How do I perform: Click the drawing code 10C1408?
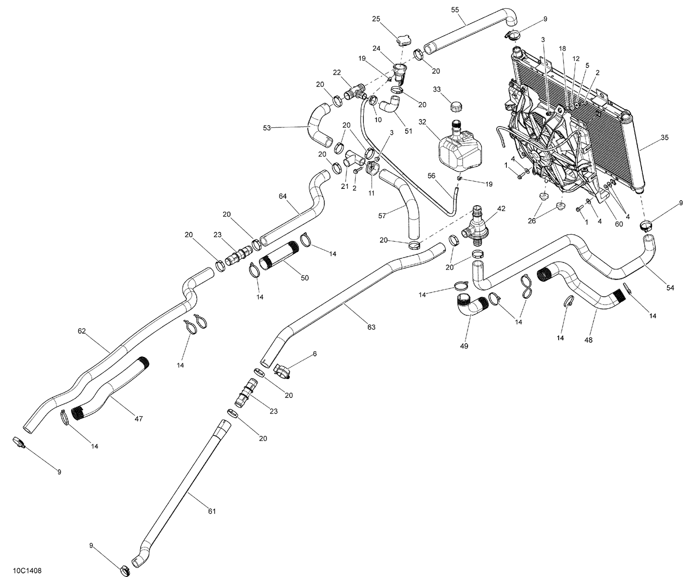click(x=25, y=570)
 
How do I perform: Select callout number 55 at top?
click(x=455, y=9)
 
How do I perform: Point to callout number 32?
click(x=423, y=122)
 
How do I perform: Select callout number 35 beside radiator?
click(x=665, y=137)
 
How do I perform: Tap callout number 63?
click(x=372, y=327)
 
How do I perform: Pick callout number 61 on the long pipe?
click(x=211, y=511)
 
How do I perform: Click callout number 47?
click(x=138, y=419)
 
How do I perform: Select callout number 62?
click(x=82, y=331)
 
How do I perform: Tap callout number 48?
click(x=588, y=339)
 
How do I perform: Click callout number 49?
click(x=464, y=346)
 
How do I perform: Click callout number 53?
click(x=267, y=128)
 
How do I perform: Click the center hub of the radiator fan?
click(x=540, y=157)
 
